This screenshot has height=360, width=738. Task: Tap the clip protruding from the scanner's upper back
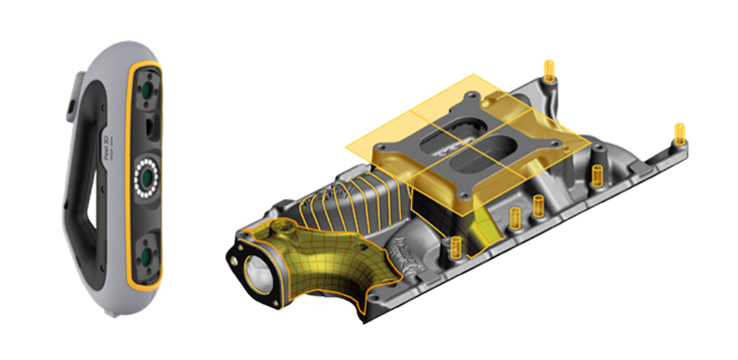(x=73, y=99)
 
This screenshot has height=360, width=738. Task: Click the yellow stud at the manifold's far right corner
(x=678, y=132)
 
